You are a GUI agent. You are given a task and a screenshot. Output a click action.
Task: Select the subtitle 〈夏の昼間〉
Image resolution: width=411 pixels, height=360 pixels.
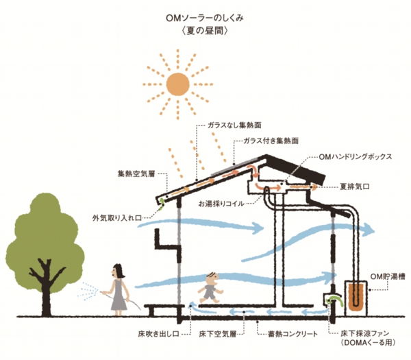tap(206, 31)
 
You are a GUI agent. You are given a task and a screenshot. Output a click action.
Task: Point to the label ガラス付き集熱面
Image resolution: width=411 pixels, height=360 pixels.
tap(271, 141)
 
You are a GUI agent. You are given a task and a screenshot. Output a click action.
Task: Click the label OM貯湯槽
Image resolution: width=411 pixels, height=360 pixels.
tap(387, 276)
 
